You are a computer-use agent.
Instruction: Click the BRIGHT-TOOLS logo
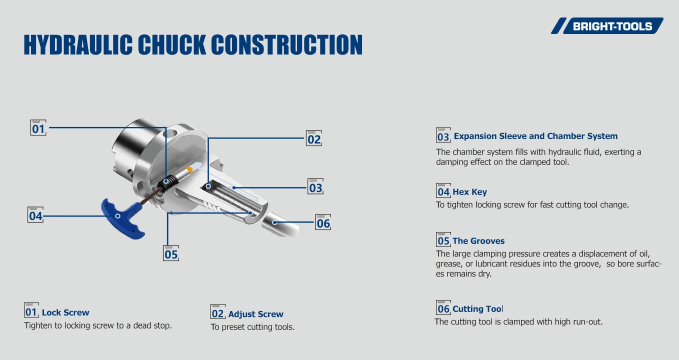pyautogui.click(x=607, y=26)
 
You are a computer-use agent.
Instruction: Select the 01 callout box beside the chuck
pyautogui.click(x=38, y=128)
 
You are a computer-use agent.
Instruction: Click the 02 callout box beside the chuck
pyautogui.click(x=313, y=139)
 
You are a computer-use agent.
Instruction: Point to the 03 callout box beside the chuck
pyautogui.click(x=315, y=187)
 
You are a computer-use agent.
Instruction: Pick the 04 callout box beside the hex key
pyautogui.click(x=35, y=215)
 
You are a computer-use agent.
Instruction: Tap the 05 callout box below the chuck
pyautogui.click(x=171, y=253)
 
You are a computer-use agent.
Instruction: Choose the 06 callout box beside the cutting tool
pyautogui.click(x=323, y=222)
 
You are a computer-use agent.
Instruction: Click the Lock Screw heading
pyautogui.click(x=65, y=312)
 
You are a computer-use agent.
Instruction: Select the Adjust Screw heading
pyautogui.click(x=255, y=314)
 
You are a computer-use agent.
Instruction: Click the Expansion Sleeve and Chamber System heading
pyautogui.click(x=535, y=136)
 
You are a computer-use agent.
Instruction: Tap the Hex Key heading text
pyautogui.click(x=469, y=192)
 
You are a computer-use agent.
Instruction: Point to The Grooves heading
pyautogui.click(x=478, y=241)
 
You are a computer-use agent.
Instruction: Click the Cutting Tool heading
pyautogui.click(x=477, y=309)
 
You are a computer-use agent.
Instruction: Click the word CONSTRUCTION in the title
pyautogui.click(x=286, y=45)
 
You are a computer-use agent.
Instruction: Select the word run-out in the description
pyautogui.click(x=586, y=322)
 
